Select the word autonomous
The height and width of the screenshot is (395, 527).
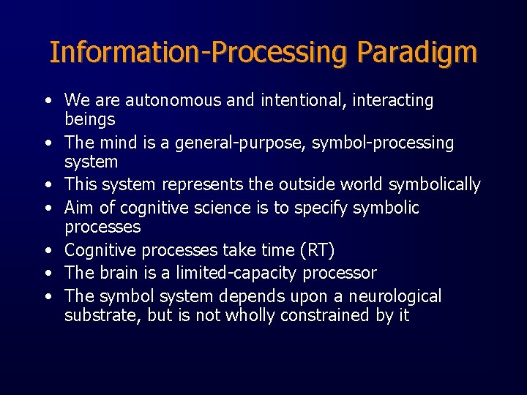[x=170, y=100]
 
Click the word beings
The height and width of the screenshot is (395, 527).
[x=90, y=118]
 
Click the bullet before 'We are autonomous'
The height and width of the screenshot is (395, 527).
[x=47, y=101]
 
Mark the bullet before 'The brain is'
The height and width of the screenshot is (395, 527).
[x=47, y=274]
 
